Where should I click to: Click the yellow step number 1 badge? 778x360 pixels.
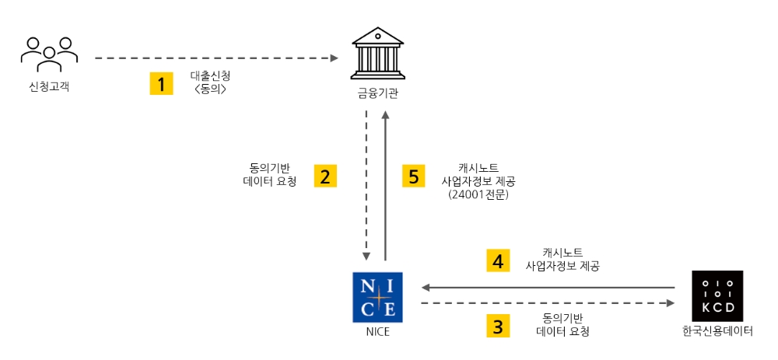[161, 83]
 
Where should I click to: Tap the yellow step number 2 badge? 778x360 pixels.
[326, 175]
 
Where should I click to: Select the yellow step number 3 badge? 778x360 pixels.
[498, 324]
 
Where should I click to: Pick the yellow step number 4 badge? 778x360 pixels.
[498, 260]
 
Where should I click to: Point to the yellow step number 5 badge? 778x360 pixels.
[414, 175]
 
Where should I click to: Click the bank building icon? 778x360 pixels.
[377, 52]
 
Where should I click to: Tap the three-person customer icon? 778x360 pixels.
[49, 52]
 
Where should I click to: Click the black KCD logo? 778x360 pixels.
[717, 296]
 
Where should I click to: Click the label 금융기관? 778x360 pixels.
[377, 94]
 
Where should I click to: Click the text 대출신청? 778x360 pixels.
[211, 76]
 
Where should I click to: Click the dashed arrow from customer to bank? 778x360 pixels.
[218, 58]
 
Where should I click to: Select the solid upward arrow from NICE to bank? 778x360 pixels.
[385, 187]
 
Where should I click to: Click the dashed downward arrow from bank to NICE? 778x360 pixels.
[366, 187]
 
